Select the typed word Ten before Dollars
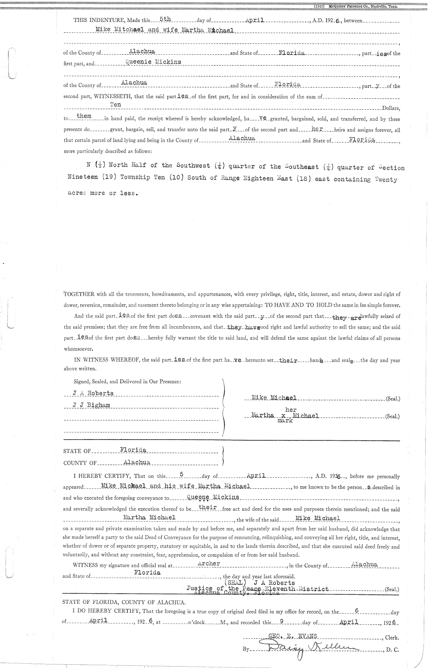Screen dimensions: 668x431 point(115,105)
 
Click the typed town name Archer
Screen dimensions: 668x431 point(209,563)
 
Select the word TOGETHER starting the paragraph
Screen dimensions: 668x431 point(79,294)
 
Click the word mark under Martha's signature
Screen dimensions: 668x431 point(285,421)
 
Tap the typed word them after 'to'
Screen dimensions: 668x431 point(84,116)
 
